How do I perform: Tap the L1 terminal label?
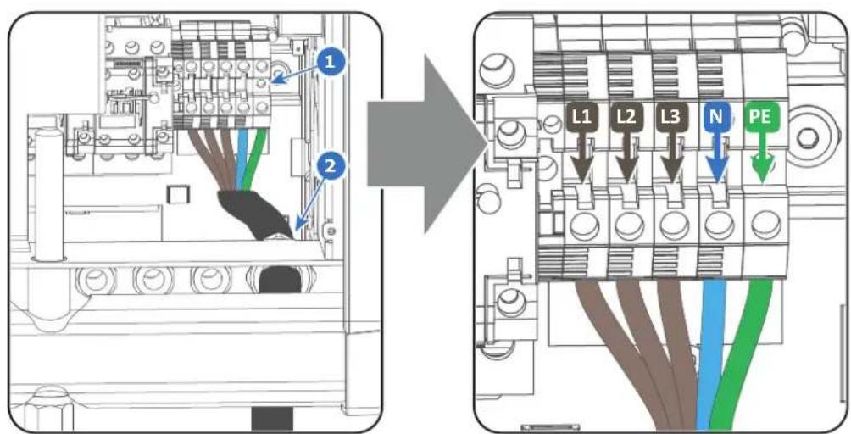pyautogui.click(x=581, y=117)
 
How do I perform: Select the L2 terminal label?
pyautogui.click(x=626, y=117)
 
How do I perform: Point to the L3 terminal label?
pyautogui.click(x=670, y=117)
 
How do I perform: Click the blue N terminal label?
pyautogui.click(x=715, y=117)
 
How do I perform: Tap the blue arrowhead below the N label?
pyautogui.click(x=716, y=173)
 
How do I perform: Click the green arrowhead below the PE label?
pyautogui.click(x=762, y=173)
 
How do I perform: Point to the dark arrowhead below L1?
pyautogui.click(x=583, y=173)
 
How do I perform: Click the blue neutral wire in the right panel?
pyautogui.click(x=713, y=353)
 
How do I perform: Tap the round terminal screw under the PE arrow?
pyautogui.click(x=763, y=224)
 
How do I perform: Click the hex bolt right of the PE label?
pyautogui.click(x=810, y=136)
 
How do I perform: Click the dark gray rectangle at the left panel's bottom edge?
pyautogui.click(x=272, y=418)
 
